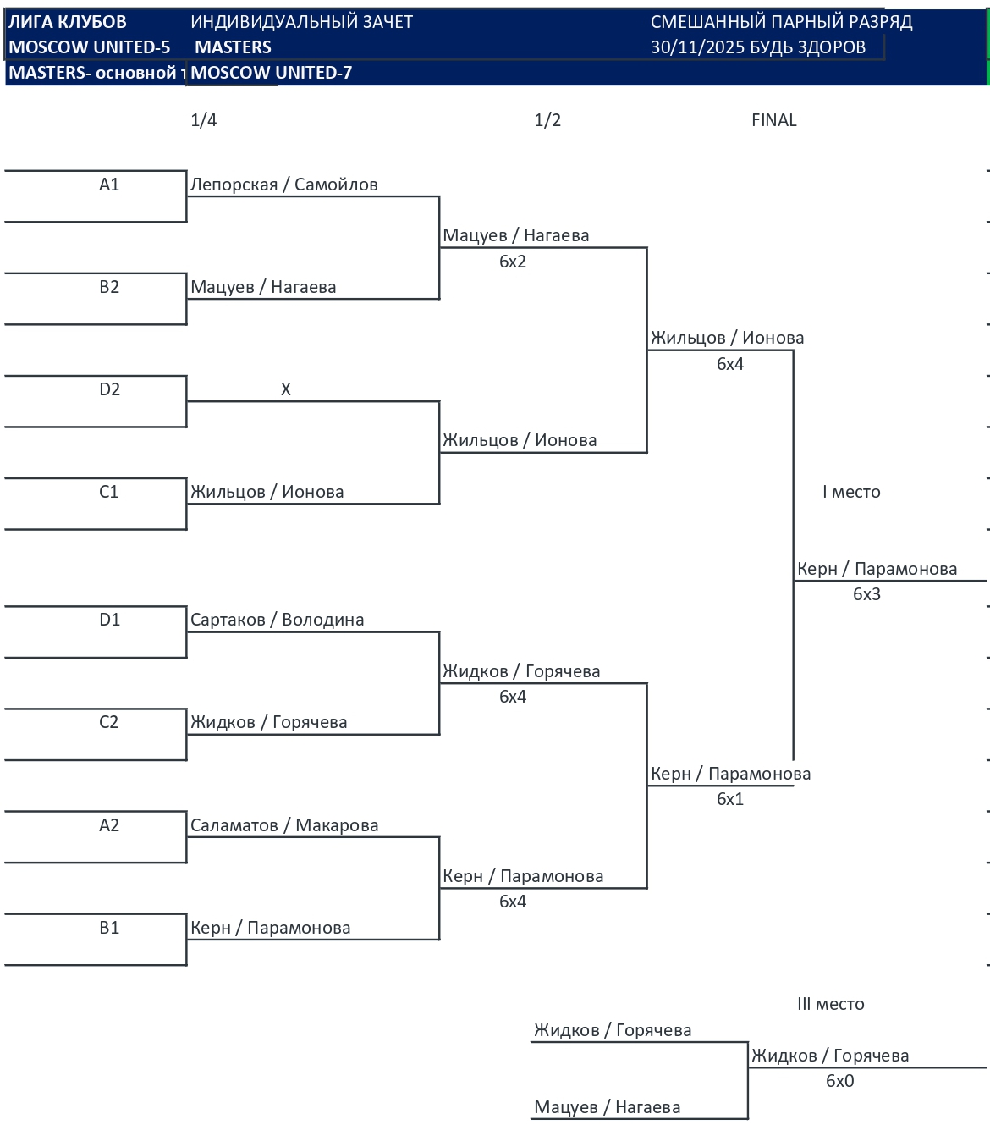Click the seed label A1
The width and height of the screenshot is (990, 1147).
[109, 185]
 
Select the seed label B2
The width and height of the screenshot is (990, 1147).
[109, 287]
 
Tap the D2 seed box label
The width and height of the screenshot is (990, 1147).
[109, 389]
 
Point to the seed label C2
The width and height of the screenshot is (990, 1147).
[109, 722]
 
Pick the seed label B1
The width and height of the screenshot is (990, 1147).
[109, 928]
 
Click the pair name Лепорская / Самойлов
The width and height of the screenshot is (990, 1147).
[283, 185]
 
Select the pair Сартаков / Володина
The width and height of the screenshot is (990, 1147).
[277, 620]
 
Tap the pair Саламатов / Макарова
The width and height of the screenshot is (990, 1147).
[284, 825]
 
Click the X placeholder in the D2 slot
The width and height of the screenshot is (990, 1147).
[286, 389]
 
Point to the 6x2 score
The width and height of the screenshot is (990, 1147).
[513, 262]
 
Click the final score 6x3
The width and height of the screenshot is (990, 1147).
[866, 594]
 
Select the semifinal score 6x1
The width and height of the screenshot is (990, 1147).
[730, 799]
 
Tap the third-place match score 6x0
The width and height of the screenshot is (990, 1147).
[840, 1081]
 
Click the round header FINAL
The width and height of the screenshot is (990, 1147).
[774, 120]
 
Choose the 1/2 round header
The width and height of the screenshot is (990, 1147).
[547, 120]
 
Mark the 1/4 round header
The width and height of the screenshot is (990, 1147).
[204, 120]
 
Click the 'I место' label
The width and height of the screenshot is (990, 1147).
[851, 492]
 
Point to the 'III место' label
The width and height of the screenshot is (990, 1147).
[831, 1004]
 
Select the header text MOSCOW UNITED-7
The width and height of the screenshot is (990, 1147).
[271, 73]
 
